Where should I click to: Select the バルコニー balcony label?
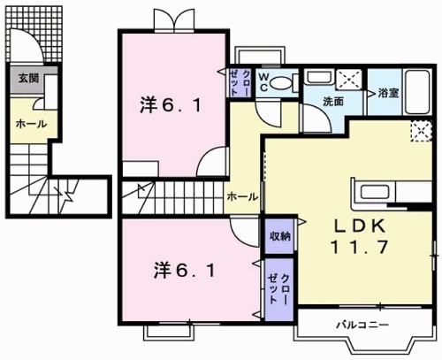(x=358, y=325)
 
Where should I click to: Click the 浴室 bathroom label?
(x=389, y=92)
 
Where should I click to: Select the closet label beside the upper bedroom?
(x=240, y=82)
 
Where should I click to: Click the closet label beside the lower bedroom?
(x=279, y=284)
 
